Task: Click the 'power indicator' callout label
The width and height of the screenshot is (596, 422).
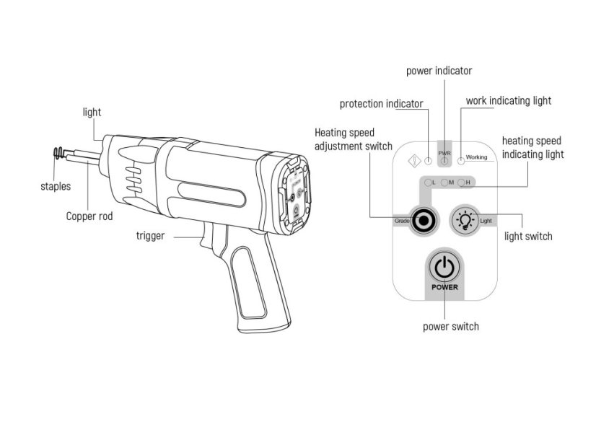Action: click(439, 71)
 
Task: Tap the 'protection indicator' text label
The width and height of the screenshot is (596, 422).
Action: click(381, 104)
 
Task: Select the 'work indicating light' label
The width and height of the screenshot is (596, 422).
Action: click(508, 100)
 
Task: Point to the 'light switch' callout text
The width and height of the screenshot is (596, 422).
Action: click(528, 236)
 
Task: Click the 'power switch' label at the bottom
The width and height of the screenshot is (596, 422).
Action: click(450, 326)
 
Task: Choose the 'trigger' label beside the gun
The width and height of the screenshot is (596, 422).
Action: click(150, 235)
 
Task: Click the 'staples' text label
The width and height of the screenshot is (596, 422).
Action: click(56, 187)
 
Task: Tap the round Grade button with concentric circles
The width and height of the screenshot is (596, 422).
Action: click(424, 220)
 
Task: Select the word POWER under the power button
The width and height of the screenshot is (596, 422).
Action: click(444, 287)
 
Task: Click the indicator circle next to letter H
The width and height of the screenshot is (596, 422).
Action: click(461, 183)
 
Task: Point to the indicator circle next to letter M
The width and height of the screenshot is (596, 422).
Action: click(444, 183)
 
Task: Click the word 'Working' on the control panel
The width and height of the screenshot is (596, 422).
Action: click(476, 157)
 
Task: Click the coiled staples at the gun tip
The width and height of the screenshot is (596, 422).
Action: click(58, 153)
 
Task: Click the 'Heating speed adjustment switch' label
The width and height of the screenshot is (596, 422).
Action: click(354, 139)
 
